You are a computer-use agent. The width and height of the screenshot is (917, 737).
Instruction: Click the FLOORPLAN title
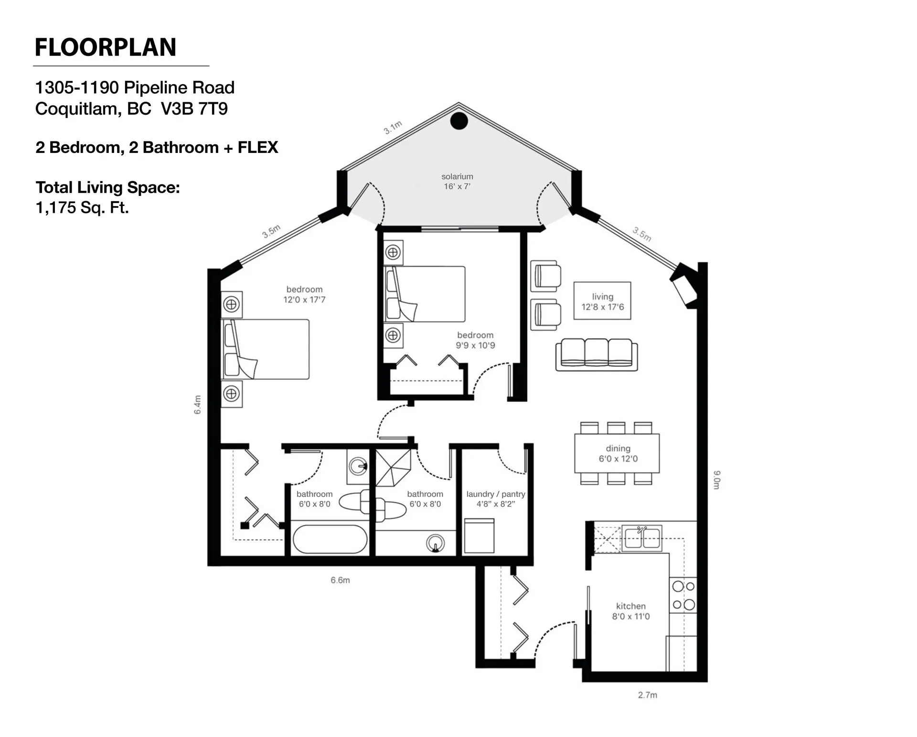pos(106,47)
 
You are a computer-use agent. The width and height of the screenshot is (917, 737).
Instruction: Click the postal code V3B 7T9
pos(194,109)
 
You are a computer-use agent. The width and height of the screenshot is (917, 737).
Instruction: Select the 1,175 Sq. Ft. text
pos(82,208)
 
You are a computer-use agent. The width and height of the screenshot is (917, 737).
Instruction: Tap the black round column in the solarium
pos(459,121)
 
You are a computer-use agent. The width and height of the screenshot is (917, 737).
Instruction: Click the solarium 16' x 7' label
pos(457,182)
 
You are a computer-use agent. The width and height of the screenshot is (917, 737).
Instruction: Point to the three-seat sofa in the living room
pos(597,355)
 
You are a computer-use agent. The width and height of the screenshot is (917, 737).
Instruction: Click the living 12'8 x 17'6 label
pos(602,302)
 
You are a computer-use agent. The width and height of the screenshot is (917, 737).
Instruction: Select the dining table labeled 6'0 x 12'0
pos(617,454)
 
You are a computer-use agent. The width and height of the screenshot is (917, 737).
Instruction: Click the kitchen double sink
pos(642,538)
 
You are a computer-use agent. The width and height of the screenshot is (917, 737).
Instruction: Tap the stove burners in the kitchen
pos(683,596)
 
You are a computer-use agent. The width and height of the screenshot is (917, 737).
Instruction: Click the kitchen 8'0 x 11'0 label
pos(631,611)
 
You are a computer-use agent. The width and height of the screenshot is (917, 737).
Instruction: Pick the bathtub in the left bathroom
pos(330,540)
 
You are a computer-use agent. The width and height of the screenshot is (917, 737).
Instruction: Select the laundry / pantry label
pos(496,499)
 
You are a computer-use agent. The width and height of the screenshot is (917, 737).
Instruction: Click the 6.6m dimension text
pos(340,580)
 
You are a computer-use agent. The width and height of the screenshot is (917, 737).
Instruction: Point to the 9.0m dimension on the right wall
pos(717,479)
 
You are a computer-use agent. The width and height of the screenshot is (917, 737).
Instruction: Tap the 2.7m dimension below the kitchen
pos(647,695)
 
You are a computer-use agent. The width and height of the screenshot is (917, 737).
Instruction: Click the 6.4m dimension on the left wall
pos(198,404)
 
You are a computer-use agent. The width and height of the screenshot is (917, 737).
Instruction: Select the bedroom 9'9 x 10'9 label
pos(475,340)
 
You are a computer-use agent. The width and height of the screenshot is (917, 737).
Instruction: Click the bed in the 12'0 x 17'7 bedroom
pos(265,349)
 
